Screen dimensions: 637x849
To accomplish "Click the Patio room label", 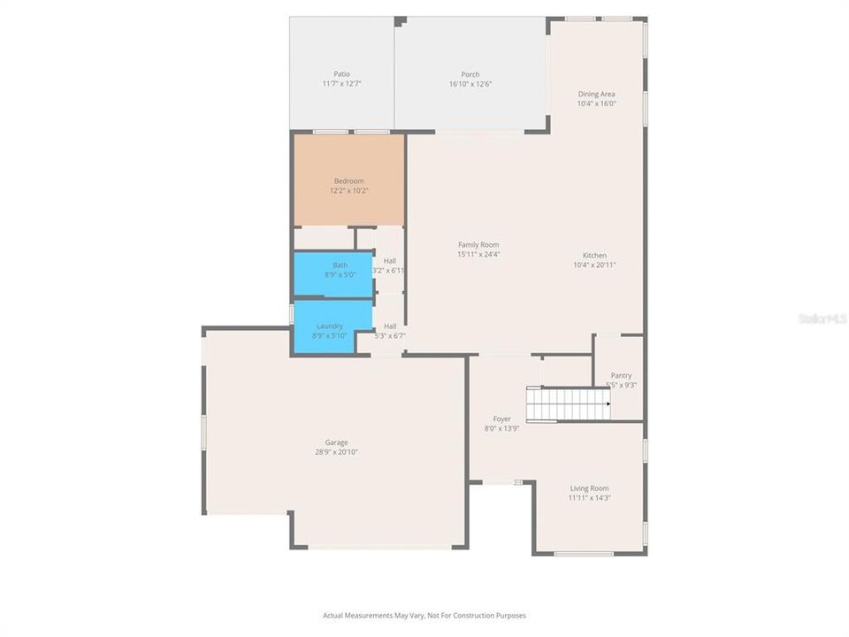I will [341, 74].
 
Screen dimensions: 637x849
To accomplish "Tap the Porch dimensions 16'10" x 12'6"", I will [470, 84].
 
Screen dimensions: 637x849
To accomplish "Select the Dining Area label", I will [596, 94].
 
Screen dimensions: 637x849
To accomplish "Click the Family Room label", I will [478, 245].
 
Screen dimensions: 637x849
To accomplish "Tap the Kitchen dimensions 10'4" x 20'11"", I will [594, 265].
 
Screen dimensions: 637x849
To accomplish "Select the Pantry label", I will [621, 375].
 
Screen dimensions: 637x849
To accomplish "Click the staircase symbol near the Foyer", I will [568, 403].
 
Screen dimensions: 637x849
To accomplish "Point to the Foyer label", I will [501, 418].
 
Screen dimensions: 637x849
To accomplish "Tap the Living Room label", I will [588, 488].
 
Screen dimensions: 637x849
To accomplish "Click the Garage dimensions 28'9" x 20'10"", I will [336, 452].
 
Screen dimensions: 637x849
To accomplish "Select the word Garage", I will [336, 442].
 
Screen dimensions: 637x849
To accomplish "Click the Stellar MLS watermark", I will [822, 318].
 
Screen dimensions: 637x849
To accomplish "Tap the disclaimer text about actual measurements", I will [424, 615].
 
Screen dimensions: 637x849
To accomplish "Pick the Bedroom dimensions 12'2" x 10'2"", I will [348, 190].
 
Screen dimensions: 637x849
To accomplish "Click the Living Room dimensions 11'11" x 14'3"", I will [588, 497].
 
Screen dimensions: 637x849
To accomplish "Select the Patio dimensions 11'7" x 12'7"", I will [341, 83].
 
